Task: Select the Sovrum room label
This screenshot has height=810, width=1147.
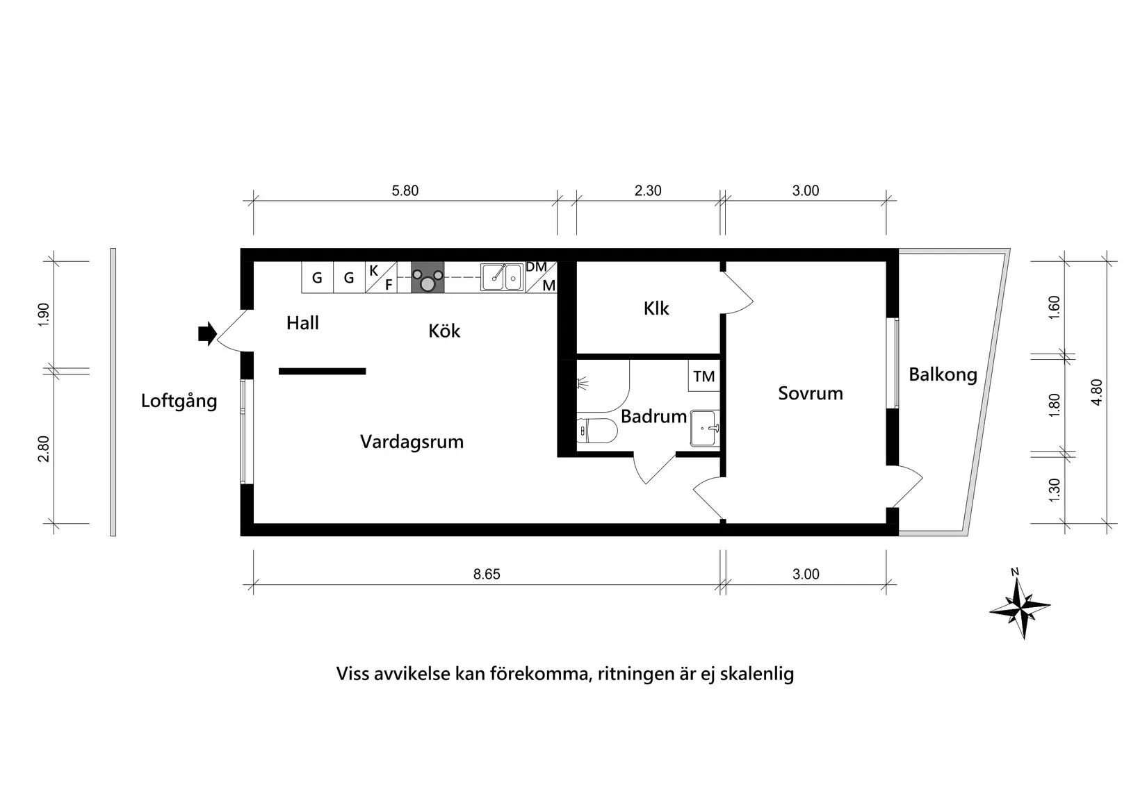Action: point(810,393)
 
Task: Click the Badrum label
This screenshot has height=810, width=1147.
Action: point(653,417)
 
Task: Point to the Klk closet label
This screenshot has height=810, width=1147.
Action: point(656,308)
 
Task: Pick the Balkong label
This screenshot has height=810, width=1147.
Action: point(943,375)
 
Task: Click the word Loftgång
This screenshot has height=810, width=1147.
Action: point(179,401)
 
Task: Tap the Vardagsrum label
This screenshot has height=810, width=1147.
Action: point(412,442)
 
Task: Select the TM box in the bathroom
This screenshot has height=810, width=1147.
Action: point(703,377)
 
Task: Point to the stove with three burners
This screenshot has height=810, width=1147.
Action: point(428,279)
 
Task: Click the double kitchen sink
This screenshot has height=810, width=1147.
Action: point(503,277)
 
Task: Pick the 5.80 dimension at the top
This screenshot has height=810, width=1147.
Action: point(405,191)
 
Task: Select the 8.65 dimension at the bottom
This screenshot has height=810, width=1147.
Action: point(487,575)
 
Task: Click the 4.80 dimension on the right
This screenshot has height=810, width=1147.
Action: point(1097,392)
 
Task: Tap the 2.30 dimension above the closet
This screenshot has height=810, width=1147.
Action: point(648,191)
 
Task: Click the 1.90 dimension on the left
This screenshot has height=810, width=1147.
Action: point(44,315)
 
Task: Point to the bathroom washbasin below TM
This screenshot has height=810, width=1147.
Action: point(704,427)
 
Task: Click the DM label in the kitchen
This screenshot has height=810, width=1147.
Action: point(536,267)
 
